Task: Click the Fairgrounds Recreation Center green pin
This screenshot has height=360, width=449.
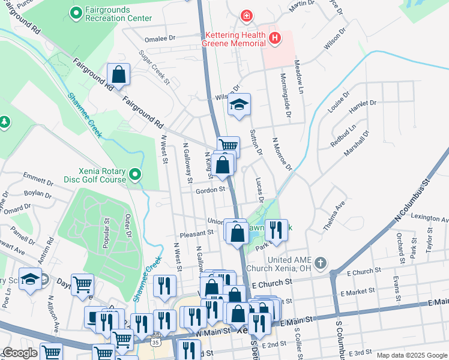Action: [76, 12]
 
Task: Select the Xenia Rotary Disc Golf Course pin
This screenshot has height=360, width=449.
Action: [135, 175]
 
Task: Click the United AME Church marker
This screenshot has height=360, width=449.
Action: [321, 263]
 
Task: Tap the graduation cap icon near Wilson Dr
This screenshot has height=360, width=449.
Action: [239, 105]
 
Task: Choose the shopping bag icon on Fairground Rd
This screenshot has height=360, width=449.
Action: [119, 75]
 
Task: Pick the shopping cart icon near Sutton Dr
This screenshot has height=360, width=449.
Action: [228, 145]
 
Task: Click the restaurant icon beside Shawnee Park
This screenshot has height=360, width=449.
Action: [276, 230]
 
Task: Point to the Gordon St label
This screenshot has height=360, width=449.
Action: [210, 190]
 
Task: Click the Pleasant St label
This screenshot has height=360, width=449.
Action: [195, 235]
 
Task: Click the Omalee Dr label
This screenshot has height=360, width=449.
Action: [160, 37]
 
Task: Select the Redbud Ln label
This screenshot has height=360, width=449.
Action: [343, 136]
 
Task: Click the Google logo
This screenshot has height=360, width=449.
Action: [20, 353]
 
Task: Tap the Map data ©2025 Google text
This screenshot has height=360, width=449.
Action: [411, 355]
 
